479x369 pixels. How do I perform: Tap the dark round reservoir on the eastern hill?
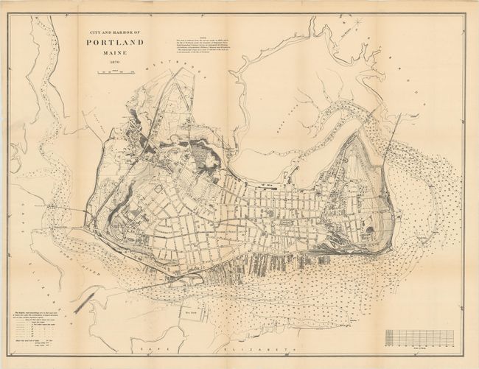(x=368, y=231)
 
